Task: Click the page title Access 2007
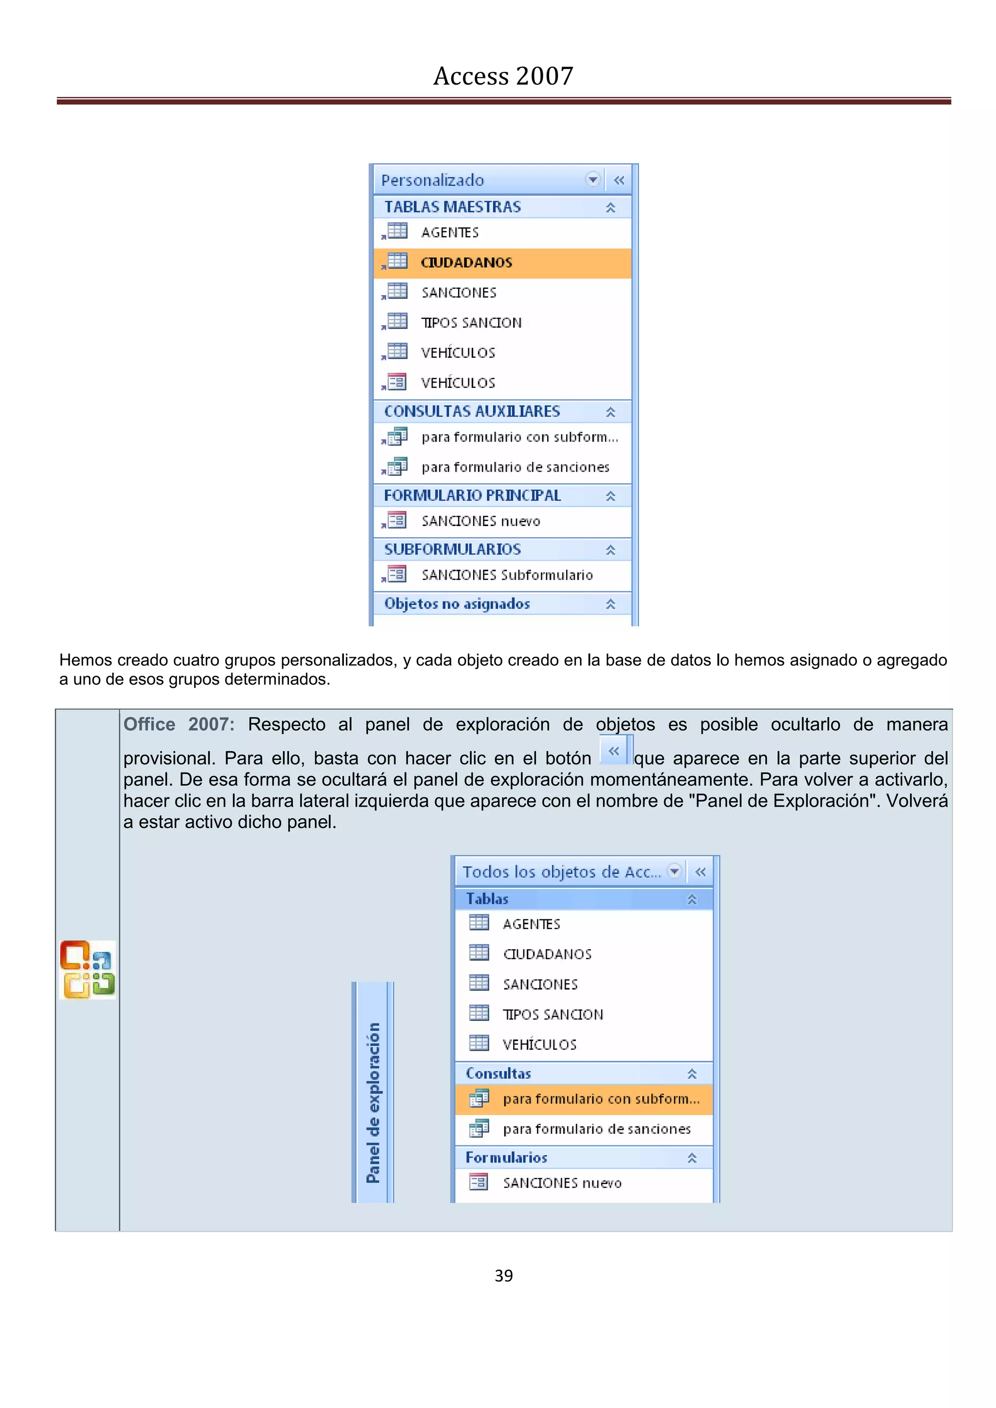tap(503, 76)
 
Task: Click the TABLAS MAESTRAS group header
tap(453, 207)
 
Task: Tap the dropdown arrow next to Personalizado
tap(592, 180)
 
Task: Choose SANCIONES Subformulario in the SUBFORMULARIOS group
tap(507, 575)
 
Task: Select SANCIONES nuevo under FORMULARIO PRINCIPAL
tap(480, 521)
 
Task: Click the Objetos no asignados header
tap(457, 603)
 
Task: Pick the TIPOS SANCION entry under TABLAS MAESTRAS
tap(471, 322)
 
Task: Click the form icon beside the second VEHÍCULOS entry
tap(396, 382)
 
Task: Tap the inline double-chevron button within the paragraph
tap(614, 751)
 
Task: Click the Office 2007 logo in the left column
tap(87, 969)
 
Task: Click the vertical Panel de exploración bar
tap(372, 1092)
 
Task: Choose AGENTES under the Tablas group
tap(531, 924)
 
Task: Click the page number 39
tap(503, 1276)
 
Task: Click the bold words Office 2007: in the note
tap(178, 724)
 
